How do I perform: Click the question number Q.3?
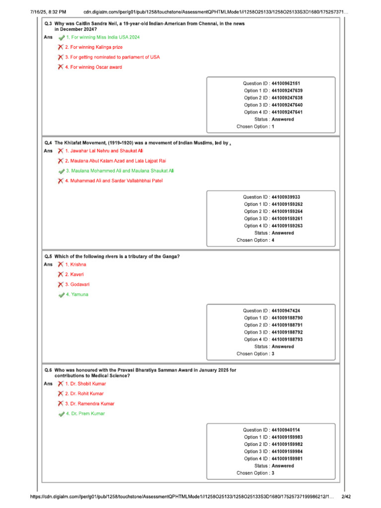[x=48, y=24]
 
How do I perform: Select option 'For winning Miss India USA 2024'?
[x=103, y=37]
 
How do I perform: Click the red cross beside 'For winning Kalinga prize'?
[x=60, y=47]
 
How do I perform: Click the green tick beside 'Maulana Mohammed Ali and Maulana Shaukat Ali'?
[x=61, y=171]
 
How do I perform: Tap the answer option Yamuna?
[x=77, y=295]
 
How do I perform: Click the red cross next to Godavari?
[x=60, y=285]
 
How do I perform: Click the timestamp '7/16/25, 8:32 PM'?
[x=45, y=11]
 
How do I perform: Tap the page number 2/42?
[x=347, y=497]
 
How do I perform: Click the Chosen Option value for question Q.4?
[x=273, y=240]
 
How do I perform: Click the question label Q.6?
[x=48, y=370]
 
